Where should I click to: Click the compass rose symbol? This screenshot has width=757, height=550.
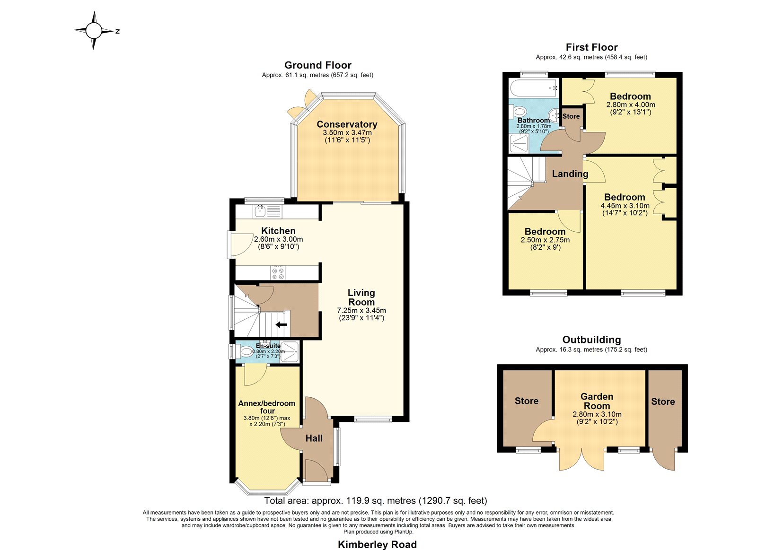[x=94, y=31]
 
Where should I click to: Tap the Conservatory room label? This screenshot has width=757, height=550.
[x=347, y=124]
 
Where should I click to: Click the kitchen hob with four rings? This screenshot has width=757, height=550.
[x=278, y=273]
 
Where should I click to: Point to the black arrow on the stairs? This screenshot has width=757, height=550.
[x=281, y=325]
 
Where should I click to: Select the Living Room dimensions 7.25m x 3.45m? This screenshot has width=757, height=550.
[x=361, y=311]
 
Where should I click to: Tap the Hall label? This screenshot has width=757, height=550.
[x=314, y=438]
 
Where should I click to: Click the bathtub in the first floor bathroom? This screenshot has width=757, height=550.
[x=534, y=88]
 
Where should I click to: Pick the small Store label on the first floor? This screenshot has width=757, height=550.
[x=571, y=116]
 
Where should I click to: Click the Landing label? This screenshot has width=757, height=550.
[x=570, y=174]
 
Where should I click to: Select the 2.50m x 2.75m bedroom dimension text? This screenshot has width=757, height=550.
[x=545, y=240]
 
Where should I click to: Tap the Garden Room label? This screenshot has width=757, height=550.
[x=597, y=401]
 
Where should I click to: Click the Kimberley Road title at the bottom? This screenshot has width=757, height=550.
[x=377, y=544]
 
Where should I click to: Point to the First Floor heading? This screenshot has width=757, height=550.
[x=592, y=47]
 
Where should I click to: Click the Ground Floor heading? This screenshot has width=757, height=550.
[x=317, y=65]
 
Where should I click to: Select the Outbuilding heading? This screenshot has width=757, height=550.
[x=592, y=340]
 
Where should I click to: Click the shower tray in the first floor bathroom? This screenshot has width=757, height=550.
[x=519, y=143]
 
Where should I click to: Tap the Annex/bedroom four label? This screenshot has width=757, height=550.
[x=267, y=407]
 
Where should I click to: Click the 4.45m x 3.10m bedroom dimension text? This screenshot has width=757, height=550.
[x=625, y=206]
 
